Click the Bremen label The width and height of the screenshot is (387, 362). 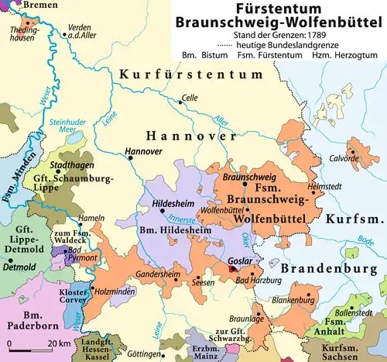point(23,5)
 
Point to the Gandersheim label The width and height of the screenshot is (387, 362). point(156,274)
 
